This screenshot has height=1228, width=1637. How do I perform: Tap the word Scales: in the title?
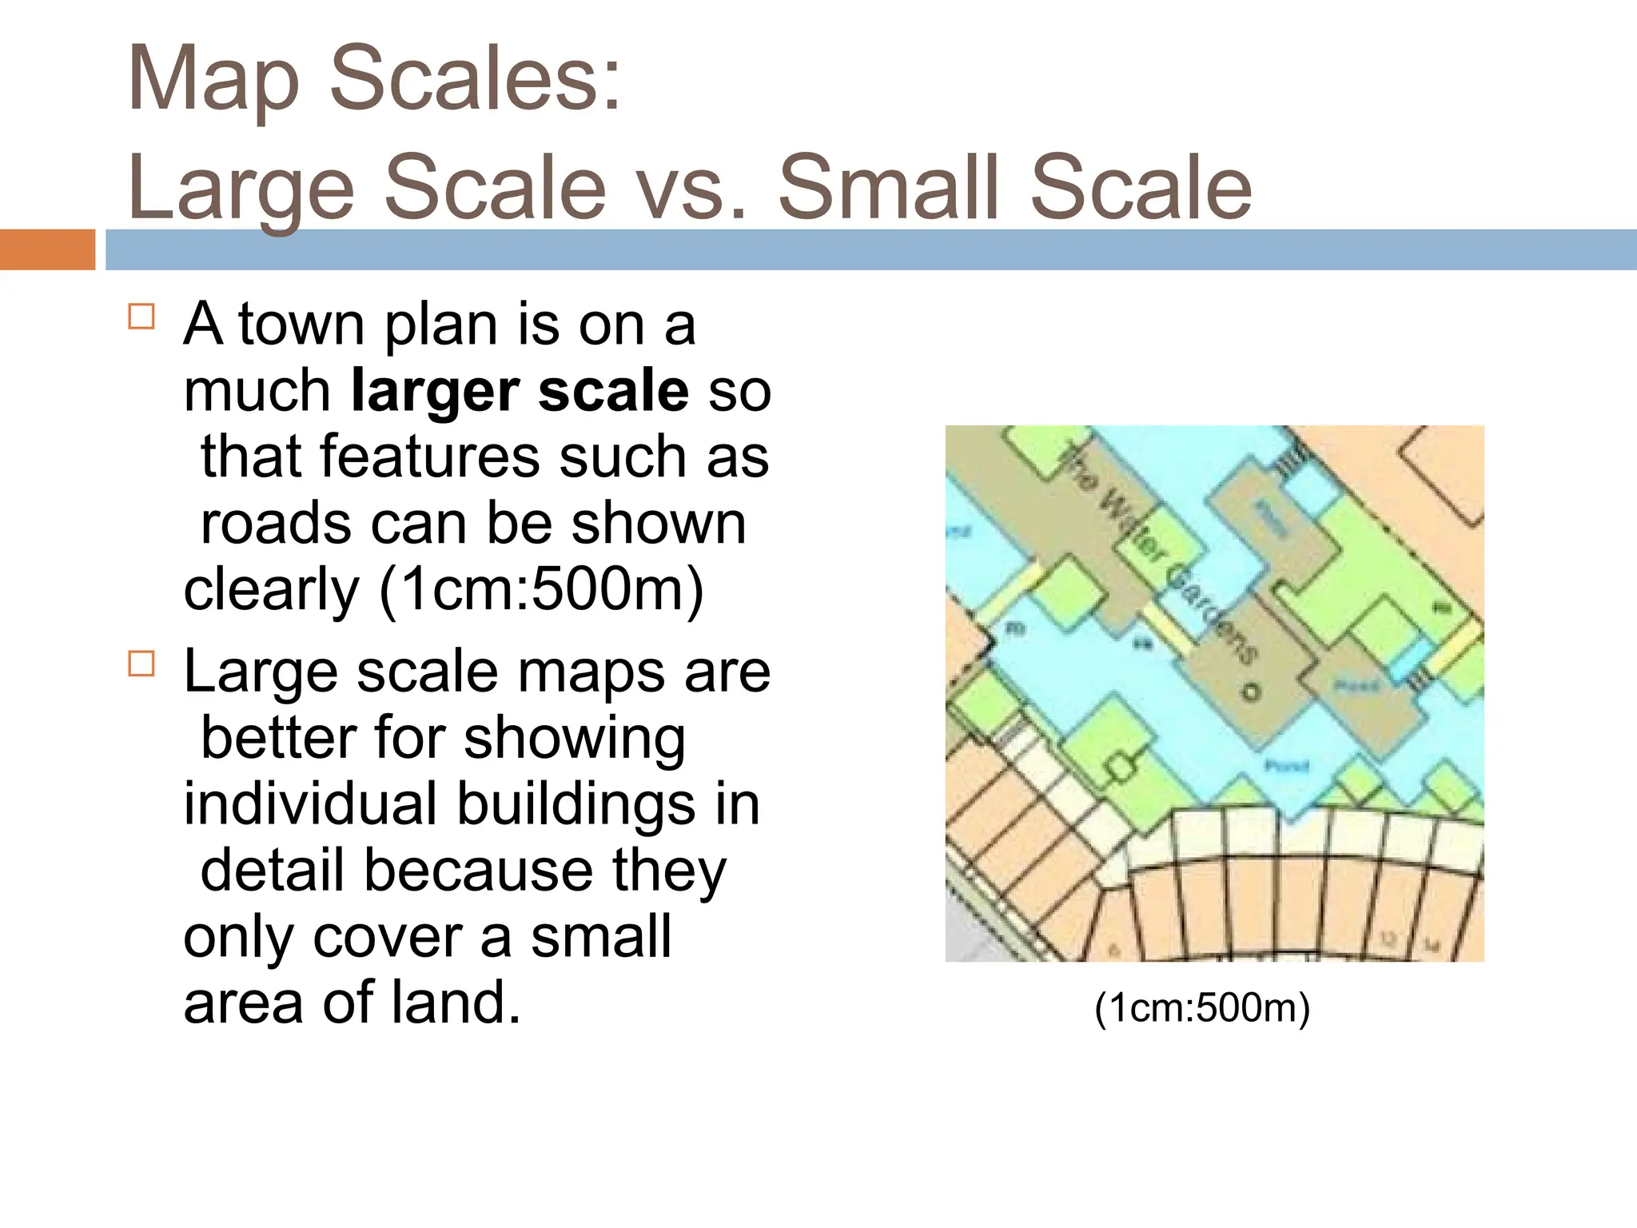pos(475,78)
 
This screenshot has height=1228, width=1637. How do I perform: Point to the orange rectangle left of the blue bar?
pos(47,249)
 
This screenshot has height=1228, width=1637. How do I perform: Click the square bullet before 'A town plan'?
pos(141,317)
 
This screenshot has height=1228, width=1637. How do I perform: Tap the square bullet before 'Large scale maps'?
pos(141,664)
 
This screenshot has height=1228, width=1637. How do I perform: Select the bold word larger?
pos(434,392)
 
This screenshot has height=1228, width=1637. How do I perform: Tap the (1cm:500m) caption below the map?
pos(1202,1007)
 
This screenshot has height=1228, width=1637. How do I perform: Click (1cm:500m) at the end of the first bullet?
pos(542,590)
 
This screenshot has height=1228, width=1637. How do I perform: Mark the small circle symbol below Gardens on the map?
pos(1250,692)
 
